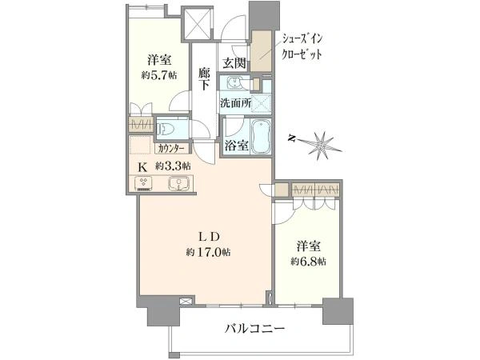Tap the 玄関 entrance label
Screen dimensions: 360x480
tap(234, 63)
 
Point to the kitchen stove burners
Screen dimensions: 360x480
tap(145, 183)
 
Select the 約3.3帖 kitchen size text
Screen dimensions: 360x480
tap(173, 166)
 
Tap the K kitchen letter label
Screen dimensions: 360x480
tap(143, 166)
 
